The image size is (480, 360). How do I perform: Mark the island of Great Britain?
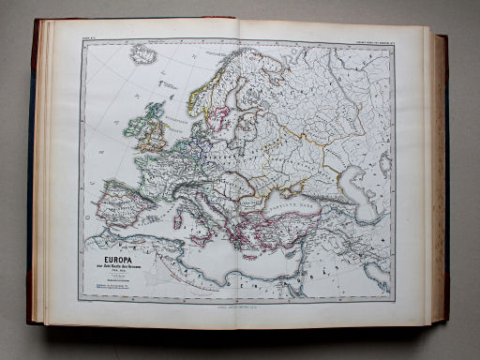point(153,127)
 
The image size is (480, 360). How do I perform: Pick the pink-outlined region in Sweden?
point(221,118)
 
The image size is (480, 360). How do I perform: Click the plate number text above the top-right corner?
point(370,36)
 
